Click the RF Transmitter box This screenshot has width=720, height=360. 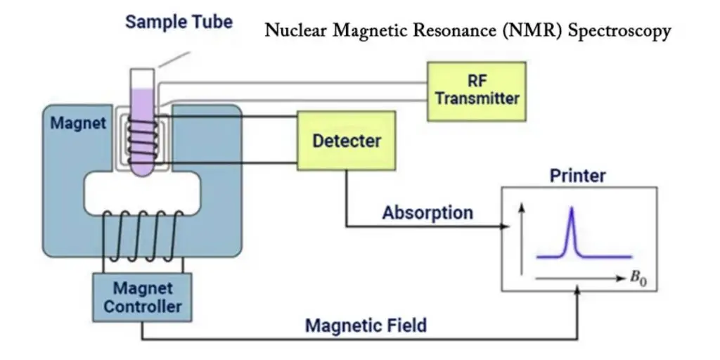477,91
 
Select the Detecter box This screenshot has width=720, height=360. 346,141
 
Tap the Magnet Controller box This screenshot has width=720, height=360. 142,297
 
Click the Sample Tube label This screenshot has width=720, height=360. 179,22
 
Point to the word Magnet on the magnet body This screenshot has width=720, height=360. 78,123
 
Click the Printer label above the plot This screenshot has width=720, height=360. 578,175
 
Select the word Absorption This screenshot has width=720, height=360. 427,212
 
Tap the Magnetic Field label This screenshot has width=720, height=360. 366,325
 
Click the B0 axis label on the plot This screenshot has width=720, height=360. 638,279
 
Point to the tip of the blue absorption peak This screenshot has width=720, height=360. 572,207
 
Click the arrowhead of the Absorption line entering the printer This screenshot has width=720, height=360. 506,226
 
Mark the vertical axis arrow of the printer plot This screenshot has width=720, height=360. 522,239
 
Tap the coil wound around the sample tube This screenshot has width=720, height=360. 143,141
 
